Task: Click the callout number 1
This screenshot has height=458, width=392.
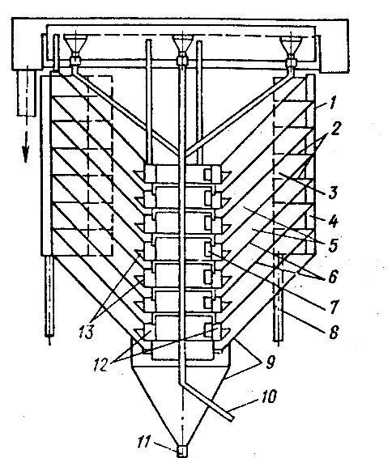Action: tap(332, 104)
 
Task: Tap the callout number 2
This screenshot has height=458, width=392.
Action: tap(336, 128)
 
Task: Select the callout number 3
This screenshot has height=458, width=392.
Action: tap(333, 193)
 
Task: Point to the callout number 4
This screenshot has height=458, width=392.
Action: tap(333, 221)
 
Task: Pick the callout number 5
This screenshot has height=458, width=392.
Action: tap(333, 245)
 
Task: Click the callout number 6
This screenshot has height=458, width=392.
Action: tap(333, 276)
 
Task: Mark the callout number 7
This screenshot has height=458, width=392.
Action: tap(334, 306)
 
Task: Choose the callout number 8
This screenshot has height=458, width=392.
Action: tap(334, 332)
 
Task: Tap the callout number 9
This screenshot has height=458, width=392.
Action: tap(271, 363)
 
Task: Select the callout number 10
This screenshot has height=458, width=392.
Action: tap(267, 397)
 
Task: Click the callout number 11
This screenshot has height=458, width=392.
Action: tap(144, 441)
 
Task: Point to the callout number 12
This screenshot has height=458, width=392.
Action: tap(101, 365)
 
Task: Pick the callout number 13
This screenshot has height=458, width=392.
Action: tap(87, 332)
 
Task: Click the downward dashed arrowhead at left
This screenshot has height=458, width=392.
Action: tap(26, 154)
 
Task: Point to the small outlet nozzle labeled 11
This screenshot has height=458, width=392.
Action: tap(181, 451)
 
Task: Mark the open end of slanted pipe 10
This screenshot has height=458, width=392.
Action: tap(232, 419)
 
